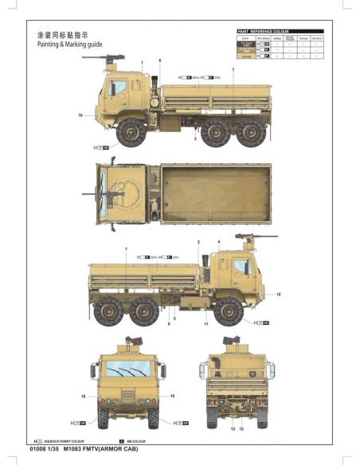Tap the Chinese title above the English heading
(63, 36)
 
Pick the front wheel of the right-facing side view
(229, 310)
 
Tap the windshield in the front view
(128, 368)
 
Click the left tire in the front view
(104, 417)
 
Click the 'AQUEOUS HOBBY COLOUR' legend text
(68, 440)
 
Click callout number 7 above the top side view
(233, 71)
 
